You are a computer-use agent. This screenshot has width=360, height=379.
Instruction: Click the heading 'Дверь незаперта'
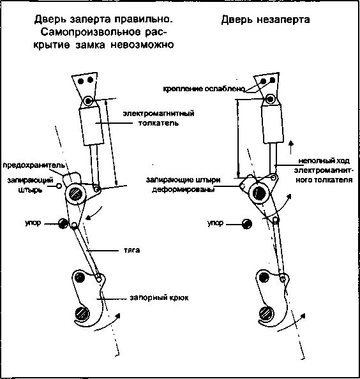click(x=266, y=20)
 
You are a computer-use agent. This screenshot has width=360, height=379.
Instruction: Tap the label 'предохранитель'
click(x=34, y=165)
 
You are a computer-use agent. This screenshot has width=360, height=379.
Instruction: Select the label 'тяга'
click(x=131, y=250)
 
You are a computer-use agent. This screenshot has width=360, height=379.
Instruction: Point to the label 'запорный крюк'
click(x=159, y=297)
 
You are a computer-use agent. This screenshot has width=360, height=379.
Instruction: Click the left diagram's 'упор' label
click(x=33, y=223)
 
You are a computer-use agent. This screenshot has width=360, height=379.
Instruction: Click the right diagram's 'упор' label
click(x=215, y=223)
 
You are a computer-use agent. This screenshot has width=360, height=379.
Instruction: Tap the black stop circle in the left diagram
click(x=63, y=223)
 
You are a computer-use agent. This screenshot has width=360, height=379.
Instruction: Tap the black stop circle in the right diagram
click(x=247, y=224)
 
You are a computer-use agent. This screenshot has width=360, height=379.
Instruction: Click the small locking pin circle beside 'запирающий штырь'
click(x=59, y=186)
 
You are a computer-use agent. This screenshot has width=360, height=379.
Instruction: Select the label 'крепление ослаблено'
click(x=204, y=89)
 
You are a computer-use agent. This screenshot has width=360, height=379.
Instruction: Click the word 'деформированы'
click(x=183, y=189)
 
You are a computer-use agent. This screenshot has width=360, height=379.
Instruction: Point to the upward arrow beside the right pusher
click(x=291, y=147)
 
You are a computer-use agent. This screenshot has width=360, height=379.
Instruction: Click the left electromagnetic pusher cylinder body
click(x=92, y=126)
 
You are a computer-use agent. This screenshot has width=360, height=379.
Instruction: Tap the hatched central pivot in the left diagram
click(x=76, y=194)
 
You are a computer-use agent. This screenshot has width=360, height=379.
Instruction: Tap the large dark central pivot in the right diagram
click(x=259, y=193)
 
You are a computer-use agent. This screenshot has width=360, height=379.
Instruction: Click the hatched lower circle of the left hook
click(x=82, y=314)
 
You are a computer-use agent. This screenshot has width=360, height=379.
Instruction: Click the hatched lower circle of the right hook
click(x=266, y=313)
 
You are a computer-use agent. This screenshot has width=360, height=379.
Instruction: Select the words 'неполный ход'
click(x=324, y=161)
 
